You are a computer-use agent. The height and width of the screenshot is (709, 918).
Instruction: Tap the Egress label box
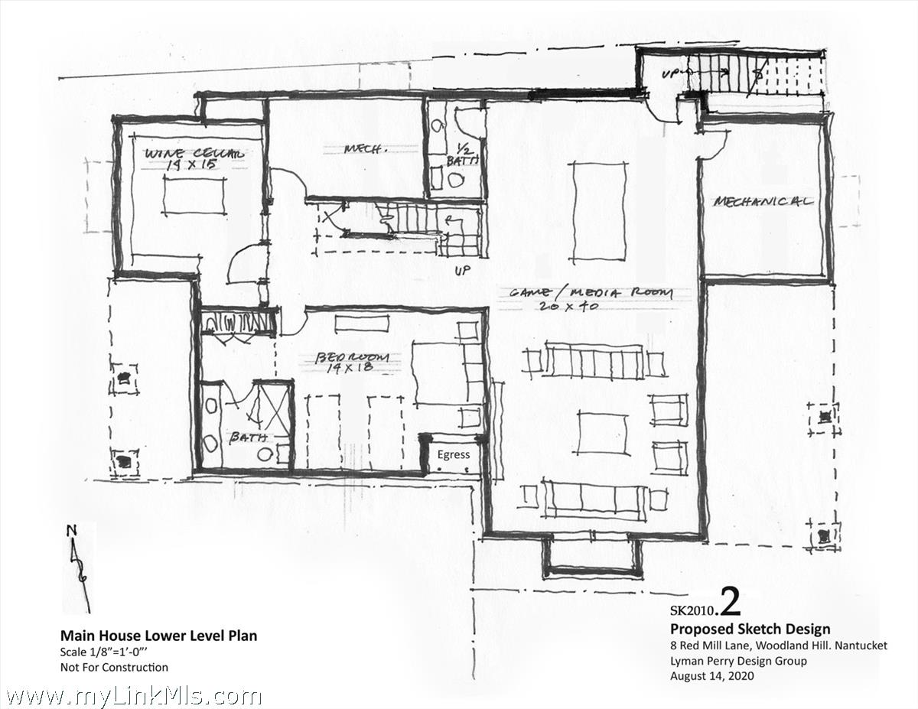pyautogui.click(x=454, y=454)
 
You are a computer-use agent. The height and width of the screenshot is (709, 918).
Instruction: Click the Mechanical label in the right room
pyautogui.click(x=763, y=202)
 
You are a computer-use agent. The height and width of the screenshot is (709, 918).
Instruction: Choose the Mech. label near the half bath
pyautogui.click(x=363, y=149)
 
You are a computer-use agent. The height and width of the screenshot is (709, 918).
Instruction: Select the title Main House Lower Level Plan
pyautogui.click(x=158, y=636)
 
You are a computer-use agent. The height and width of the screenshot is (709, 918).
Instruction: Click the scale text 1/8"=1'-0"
pyautogui.click(x=113, y=652)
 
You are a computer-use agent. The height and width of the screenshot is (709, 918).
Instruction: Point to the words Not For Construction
pyautogui.click(x=114, y=667)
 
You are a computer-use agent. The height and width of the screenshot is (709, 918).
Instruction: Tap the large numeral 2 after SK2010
pyautogui.click(x=731, y=603)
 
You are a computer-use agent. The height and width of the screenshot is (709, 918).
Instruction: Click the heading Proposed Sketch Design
pyautogui.click(x=750, y=629)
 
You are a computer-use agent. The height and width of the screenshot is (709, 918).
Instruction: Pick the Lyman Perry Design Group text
pyautogui.click(x=737, y=661)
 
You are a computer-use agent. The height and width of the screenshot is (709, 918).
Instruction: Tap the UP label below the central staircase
pyautogui.click(x=461, y=271)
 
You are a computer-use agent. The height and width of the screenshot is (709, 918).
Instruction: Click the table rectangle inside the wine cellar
pyautogui.click(x=194, y=197)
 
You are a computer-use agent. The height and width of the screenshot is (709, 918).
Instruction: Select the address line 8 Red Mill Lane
pyautogui.click(x=778, y=646)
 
